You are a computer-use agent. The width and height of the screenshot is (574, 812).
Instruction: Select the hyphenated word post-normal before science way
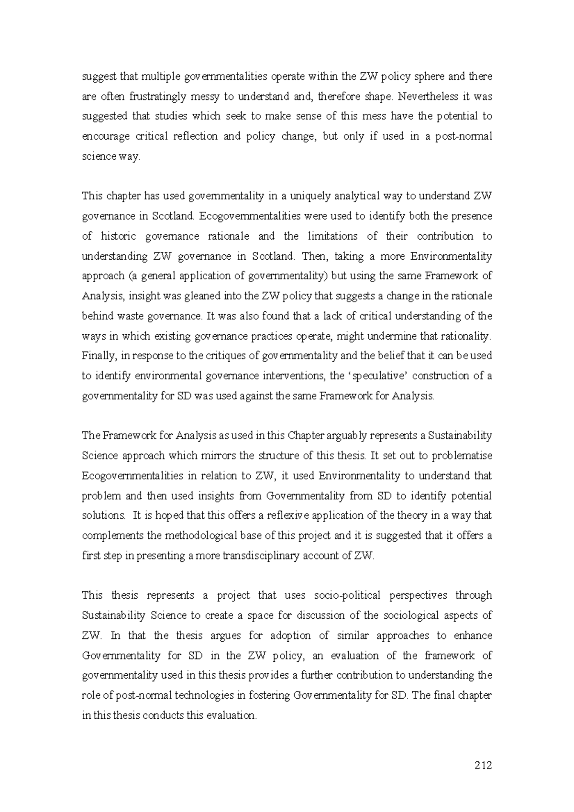pyautogui.click(x=463, y=136)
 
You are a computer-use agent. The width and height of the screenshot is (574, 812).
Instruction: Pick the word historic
pyautogui.click(x=118, y=236)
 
